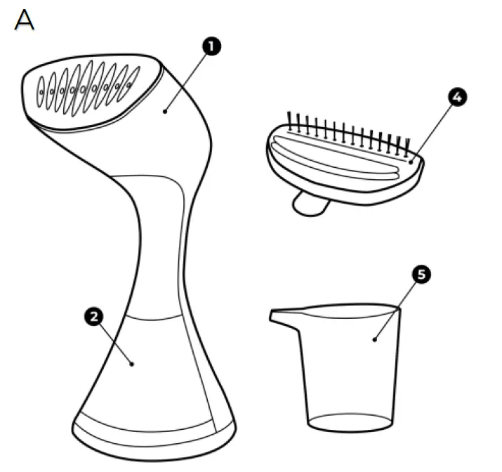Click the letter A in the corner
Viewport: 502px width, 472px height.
pos(23,20)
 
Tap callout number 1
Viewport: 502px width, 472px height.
pos(210,47)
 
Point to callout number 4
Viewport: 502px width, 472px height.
pos(456,98)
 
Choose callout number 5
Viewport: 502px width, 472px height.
pos(420,274)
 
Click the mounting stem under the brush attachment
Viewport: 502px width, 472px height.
pos(310,203)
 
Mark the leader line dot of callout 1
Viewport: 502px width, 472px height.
pos(166,110)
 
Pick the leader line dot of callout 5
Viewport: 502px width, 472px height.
pos(374,340)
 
